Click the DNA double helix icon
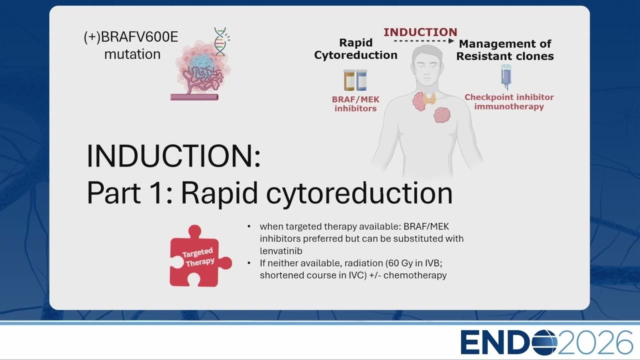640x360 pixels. point(220,41)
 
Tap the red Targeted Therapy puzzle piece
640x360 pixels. point(200,256)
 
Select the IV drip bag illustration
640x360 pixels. point(506,77)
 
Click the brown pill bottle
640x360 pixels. point(349,79)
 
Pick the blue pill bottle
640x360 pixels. point(361,79)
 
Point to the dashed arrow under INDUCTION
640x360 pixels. point(424,41)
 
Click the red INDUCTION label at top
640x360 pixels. point(420,32)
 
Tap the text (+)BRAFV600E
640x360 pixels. point(131,37)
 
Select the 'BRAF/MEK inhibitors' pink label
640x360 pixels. point(355,104)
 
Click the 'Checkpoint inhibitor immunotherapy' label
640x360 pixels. point(509,101)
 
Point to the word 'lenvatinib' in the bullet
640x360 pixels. point(281,251)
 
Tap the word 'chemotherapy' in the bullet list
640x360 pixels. point(415,275)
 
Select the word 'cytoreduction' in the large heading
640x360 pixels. point(359,193)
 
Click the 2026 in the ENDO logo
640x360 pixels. point(595,342)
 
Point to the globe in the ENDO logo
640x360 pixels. point(544,342)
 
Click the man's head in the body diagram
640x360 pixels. point(427,67)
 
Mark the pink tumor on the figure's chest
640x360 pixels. point(442,115)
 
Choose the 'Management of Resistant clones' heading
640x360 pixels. point(505,50)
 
